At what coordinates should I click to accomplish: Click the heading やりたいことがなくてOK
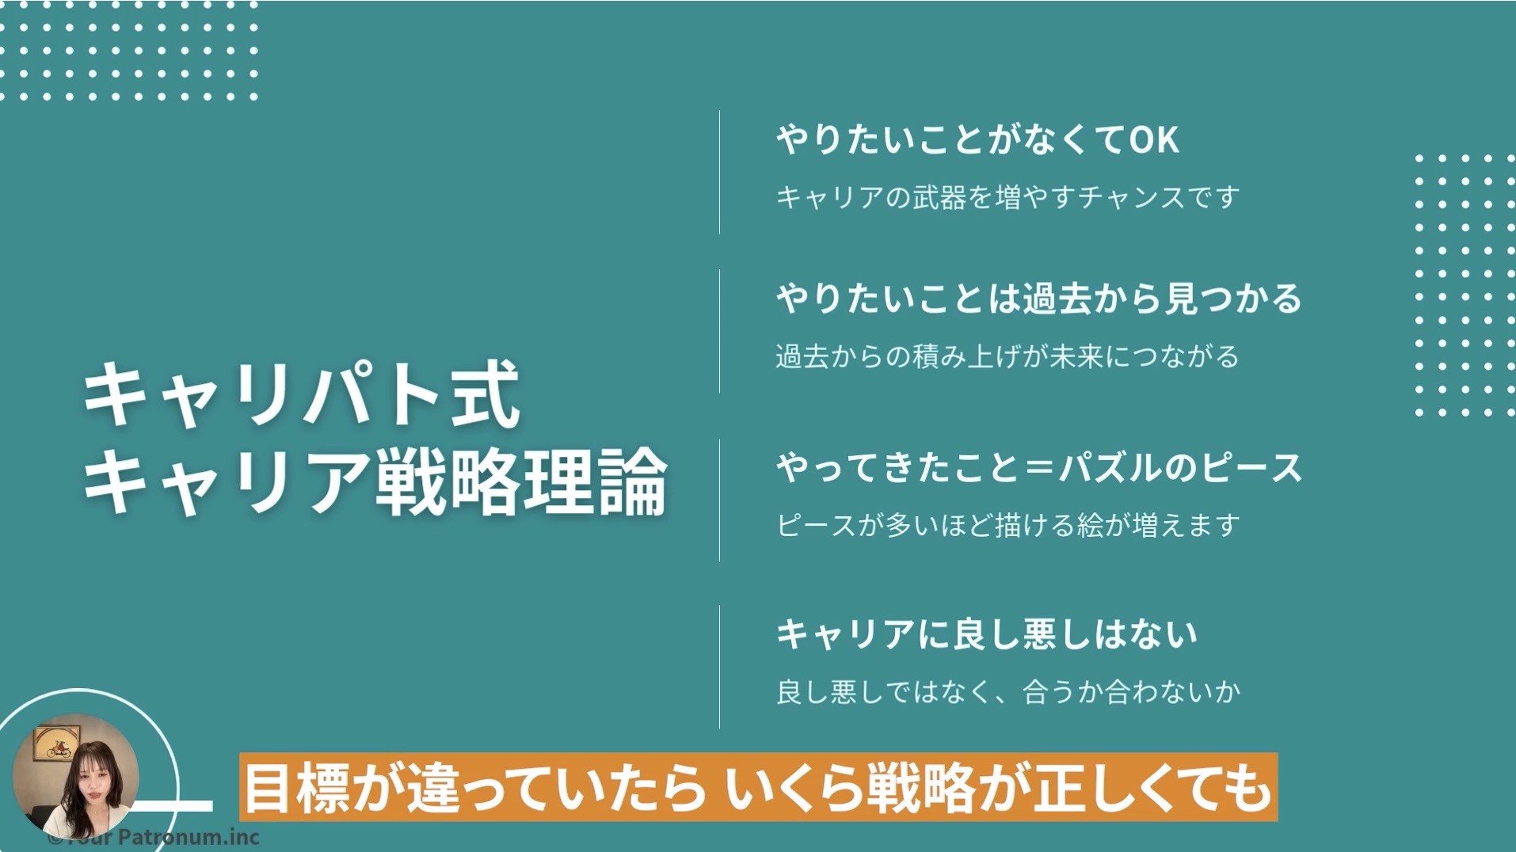coord(977,140)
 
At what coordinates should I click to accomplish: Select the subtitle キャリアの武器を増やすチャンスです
coord(1007,196)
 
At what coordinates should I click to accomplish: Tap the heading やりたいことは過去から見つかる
coord(1039,299)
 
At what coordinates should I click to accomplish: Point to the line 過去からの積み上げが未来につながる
coord(1007,356)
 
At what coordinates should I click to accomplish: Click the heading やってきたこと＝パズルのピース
coord(1039,467)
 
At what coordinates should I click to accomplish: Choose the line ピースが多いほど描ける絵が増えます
coord(1007,524)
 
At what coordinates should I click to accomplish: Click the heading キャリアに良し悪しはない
coord(986,634)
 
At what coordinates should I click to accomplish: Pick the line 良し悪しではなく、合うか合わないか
coord(1007,691)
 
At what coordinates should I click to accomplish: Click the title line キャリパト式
coord(301,395)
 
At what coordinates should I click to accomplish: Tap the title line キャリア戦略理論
coord(375,481)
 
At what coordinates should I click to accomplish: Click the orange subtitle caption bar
coord(758,787)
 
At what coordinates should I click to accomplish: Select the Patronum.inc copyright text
coord(154,837)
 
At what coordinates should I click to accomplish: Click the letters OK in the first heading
coord(1153,141)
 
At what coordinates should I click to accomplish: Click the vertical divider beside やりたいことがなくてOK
coord(719,172)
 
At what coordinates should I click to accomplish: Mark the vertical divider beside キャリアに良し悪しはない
coord(719,667)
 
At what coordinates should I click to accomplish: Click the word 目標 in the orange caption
coord(296,788)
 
